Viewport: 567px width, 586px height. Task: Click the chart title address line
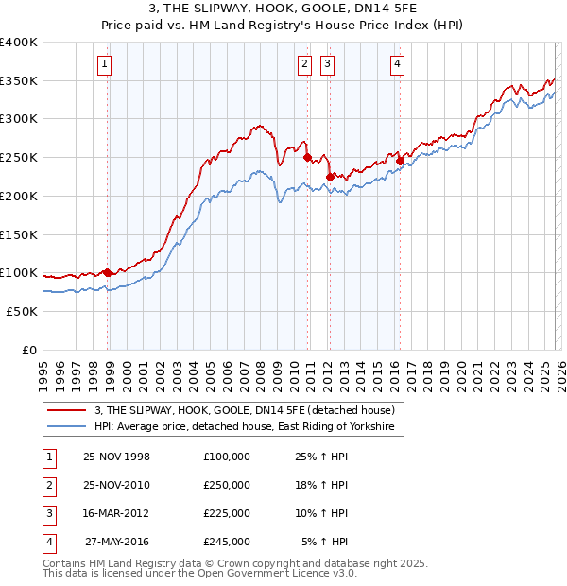[x=283, y=9]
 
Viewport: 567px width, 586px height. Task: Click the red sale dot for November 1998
[x=108, y=272]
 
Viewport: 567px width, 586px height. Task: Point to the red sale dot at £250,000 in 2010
[x=308, y=158]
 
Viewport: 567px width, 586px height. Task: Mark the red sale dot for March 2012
[x=330, y=177]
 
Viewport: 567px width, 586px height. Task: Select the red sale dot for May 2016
[x=400, y=162]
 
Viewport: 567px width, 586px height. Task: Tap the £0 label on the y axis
[x=29, y=349]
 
